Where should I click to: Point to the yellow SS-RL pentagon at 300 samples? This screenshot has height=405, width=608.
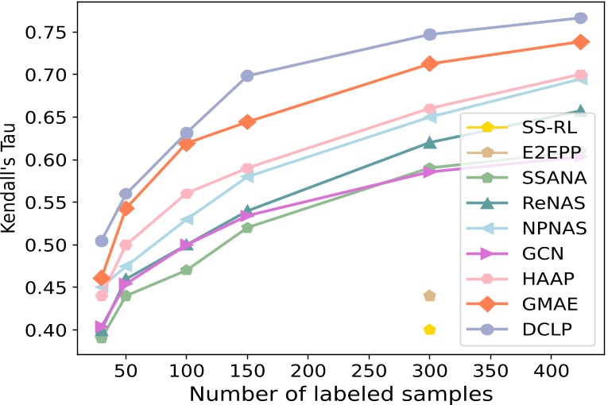pyautogui.click(x=429, y=330)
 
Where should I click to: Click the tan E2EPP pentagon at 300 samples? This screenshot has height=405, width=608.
pyautogui.click(x=429, y=295)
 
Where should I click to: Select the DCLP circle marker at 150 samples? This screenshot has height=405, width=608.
pyautogui.click(x=247, y=75)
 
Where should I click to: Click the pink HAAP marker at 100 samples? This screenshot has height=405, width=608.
pyautogui.click(x=187, y=194)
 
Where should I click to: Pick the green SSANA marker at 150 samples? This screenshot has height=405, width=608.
pyautogui.click(x=247, y=227)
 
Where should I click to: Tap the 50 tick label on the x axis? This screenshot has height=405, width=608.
pyautogui.click(x=126, y=372)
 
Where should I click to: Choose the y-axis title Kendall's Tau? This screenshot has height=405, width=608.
pyautogui.click(x=11, y=180)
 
